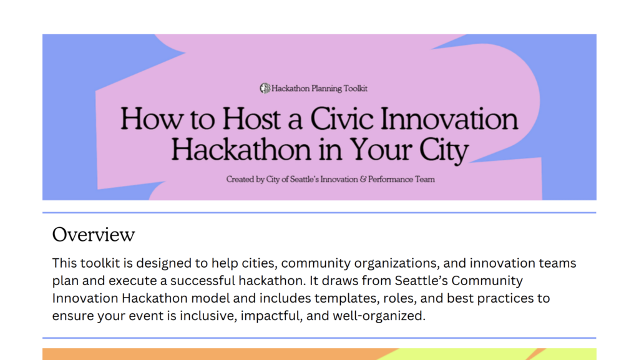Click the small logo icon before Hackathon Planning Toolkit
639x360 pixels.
265,88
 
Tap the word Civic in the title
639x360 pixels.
342,119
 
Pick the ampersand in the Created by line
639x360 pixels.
363,179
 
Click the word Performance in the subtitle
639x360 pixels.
391,180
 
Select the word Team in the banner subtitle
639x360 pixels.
425,180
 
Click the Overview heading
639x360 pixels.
94,235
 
